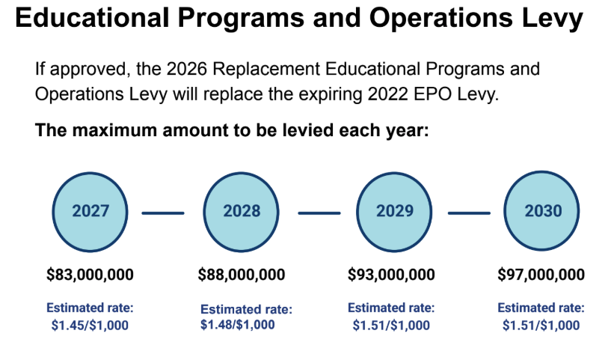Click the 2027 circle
click(90, 211)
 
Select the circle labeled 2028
click(242, 211)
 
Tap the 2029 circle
click(394, 211)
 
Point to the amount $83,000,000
click(90, 275)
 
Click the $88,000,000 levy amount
click(242, 275)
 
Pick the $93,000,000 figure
click(391, 275)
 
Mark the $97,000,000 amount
click(541, 275)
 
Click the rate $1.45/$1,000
click(90, 325)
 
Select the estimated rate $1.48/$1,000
click(238, 324)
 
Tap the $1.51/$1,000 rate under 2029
click(391, 325)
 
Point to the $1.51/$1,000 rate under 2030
click(541, 325)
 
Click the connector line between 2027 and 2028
click(163, 213)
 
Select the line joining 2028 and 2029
click(319, 213)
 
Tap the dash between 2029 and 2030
click(469, 213)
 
